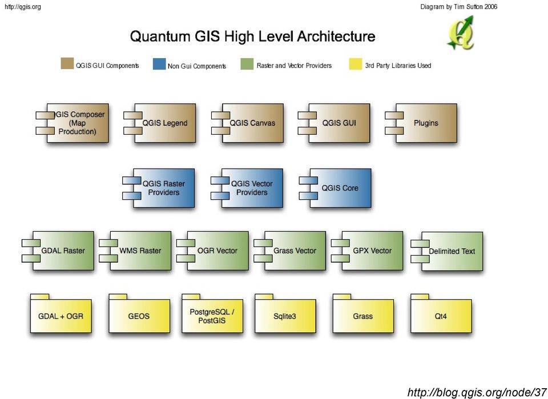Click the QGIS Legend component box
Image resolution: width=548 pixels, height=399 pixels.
tap(160, 123)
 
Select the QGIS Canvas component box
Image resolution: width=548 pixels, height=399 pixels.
tap(247, 123)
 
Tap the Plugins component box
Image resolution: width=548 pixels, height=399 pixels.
tap(421, 123)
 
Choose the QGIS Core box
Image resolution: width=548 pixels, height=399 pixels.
tap(335, 188)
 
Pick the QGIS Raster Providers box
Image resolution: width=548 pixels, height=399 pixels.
tap(158, 188)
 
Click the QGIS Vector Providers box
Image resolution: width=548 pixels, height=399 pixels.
tap(247, 188)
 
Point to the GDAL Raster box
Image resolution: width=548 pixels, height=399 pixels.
tap(58, 251)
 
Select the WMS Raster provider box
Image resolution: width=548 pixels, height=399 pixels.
tap(135, 251)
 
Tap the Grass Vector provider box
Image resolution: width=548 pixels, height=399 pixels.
tap(290, 251)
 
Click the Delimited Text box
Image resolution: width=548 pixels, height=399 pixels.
tap(446, 251)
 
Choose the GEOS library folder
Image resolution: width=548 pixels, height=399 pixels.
tap(139, 313)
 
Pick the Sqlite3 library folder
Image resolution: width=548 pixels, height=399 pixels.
tap(285, 313)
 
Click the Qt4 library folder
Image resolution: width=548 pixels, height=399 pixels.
tap(441, 313)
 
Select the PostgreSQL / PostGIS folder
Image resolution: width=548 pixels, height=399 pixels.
tap(212, 313)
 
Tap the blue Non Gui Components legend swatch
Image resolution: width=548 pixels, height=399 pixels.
tap(159, 65)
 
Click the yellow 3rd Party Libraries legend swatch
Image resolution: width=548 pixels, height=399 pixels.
tap(356, 65)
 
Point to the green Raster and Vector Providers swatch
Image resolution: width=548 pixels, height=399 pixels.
tap(247, 64)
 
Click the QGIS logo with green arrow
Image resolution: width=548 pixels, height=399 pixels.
tap(461, 33)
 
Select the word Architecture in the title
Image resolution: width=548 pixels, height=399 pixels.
tap(336, 37)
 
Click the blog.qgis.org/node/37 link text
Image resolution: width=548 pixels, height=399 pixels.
tap(477, 392)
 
